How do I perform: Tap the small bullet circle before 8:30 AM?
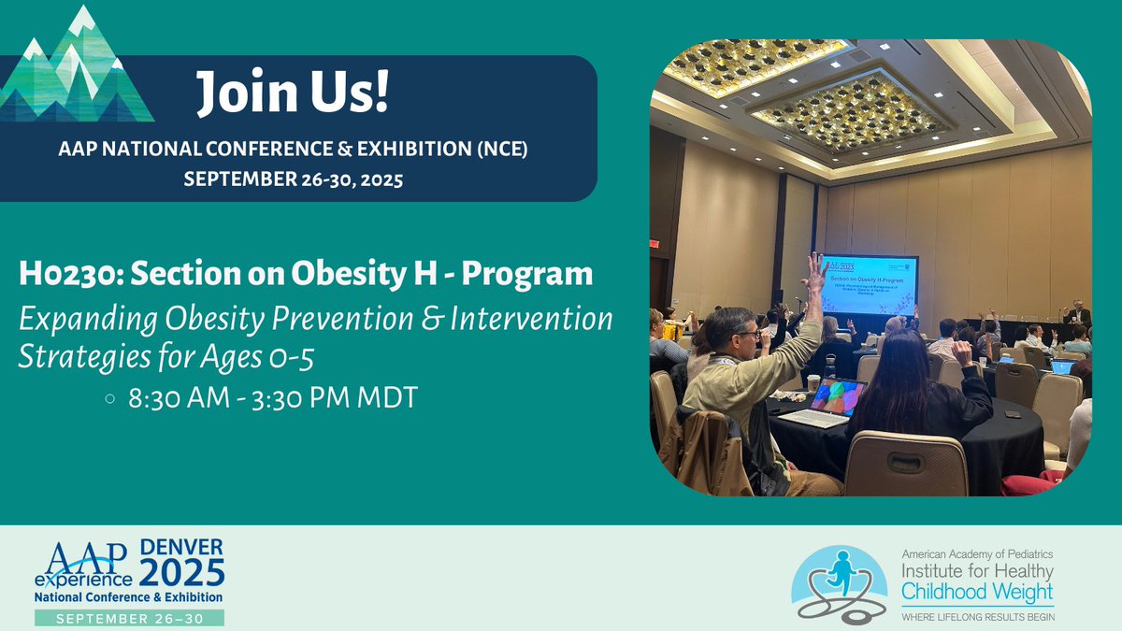coord(110,397)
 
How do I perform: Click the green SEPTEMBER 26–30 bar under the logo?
coord(129,618)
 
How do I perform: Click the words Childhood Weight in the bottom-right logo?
coord(976,593)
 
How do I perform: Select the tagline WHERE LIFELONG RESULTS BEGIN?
coord(977,616)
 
